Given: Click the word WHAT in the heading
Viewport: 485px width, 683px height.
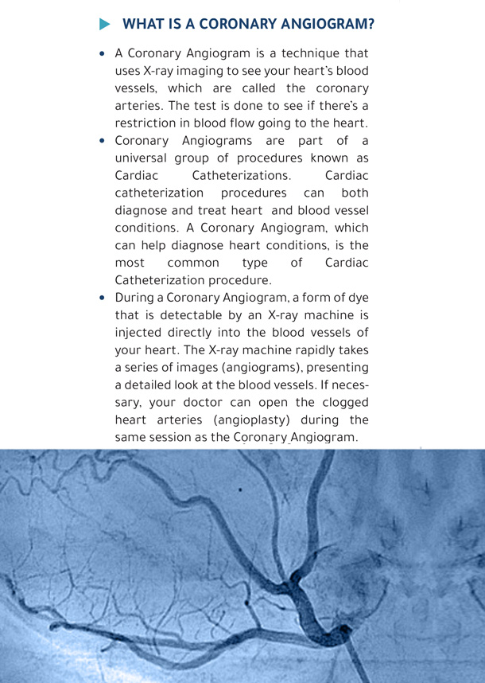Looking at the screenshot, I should point(145,24).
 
